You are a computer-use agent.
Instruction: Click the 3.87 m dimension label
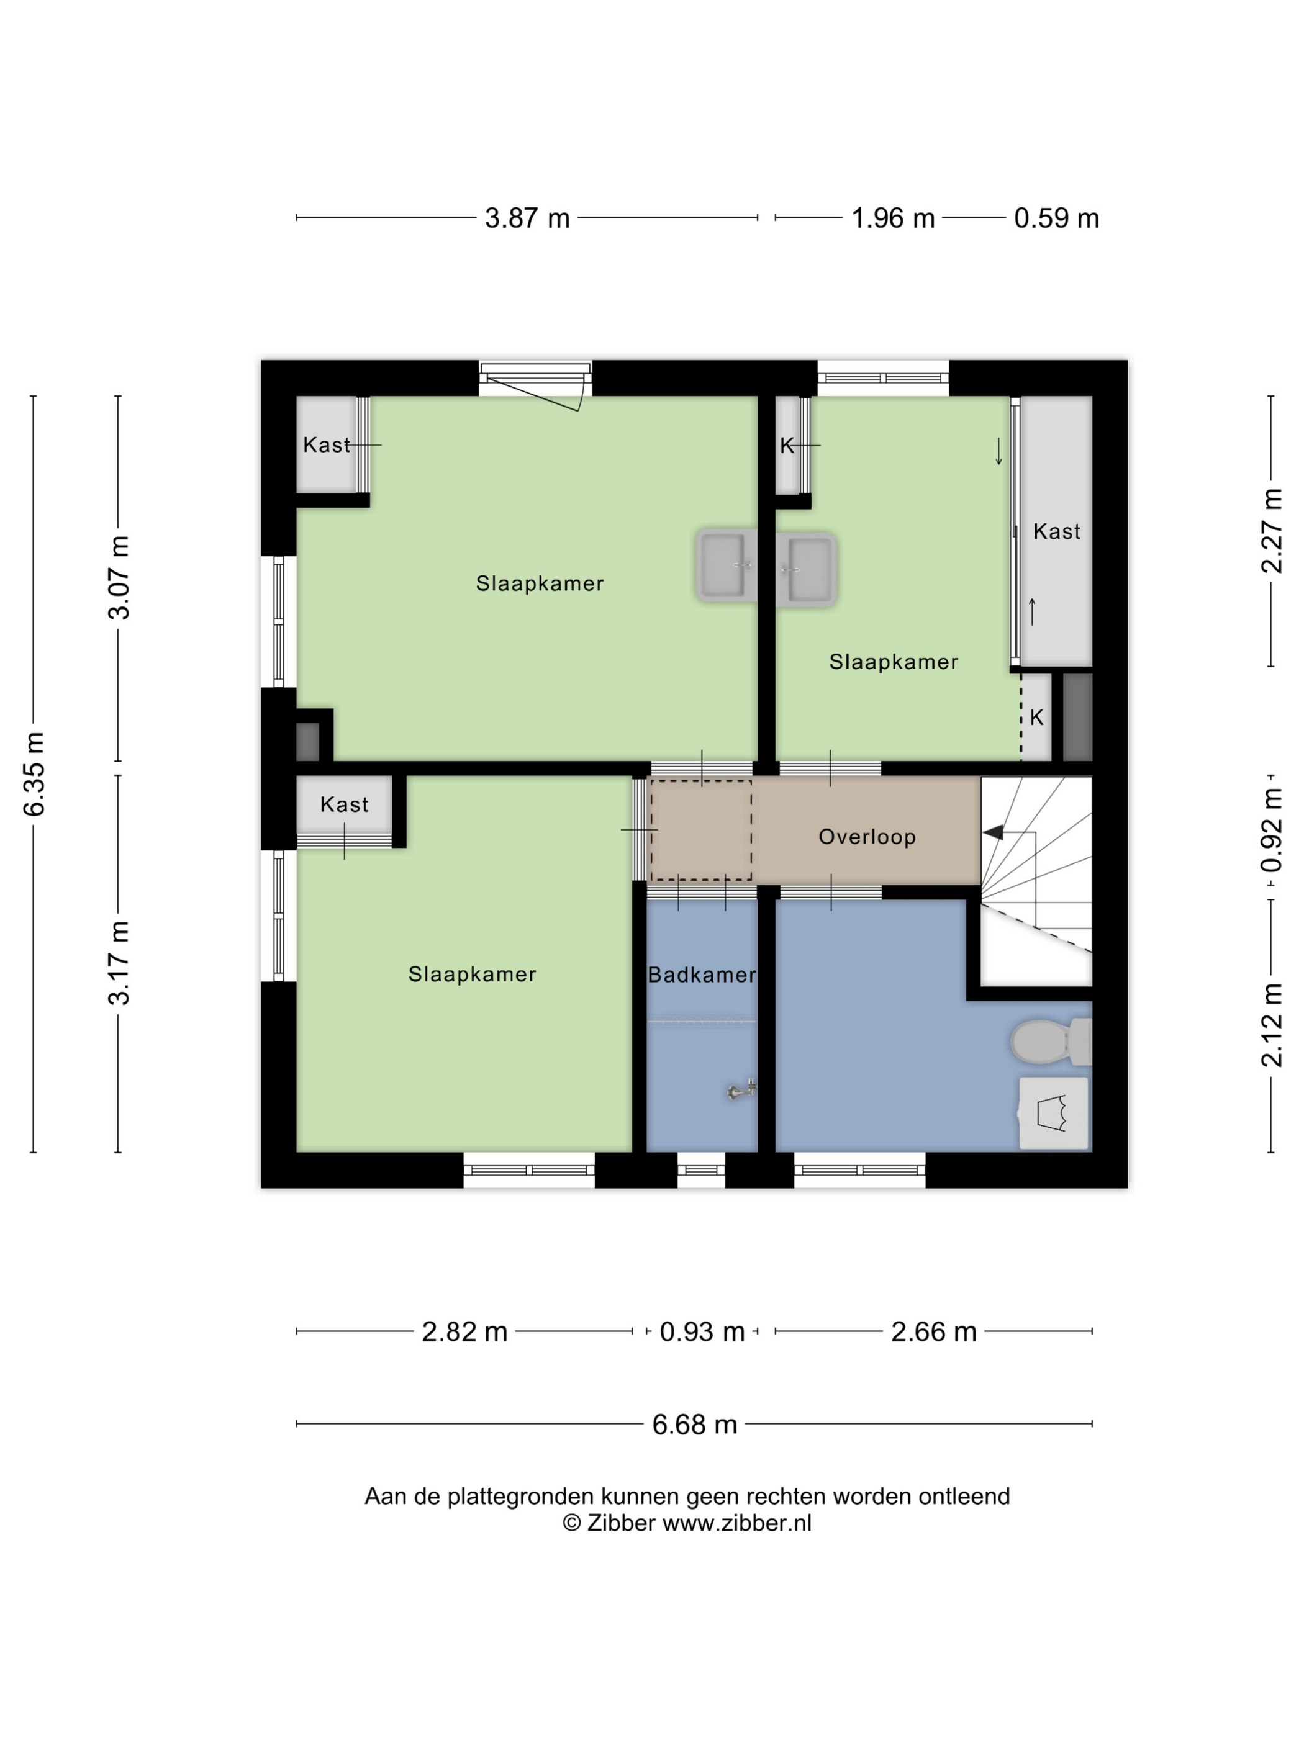pyautogui.click(x=527, y=218)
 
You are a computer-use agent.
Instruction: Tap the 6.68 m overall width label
pyautogui.click(x=694, y=1425)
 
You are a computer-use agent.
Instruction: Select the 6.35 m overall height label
pyautogui.click(x=34, y=774)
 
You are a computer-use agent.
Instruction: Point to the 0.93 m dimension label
pyautogui.click(x=701, y=1332)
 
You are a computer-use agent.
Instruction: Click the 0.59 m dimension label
pyautogui.click(x=1056, y=218)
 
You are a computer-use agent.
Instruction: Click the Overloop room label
pyautogui.click(x=866, y=837)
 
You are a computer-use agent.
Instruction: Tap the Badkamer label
pyautogui.click(x=701, y=975)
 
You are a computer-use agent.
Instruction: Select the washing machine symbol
pyautogui.click(x=1053, y=1114)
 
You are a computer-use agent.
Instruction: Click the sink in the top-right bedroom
pyautogui.click(x=807, y=570)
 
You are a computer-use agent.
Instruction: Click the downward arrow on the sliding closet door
pyautogui.click(x=998, y=451)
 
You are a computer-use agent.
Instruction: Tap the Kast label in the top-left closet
pyautogui.click(x=326, y=446)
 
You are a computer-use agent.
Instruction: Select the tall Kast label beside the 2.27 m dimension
pyautogui.click(x=1056, y=532)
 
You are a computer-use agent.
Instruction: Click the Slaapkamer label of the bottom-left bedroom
pyautogui.click(x=471, y=975)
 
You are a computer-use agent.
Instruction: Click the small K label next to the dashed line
pyautogui.click(x=1036, y=718)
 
